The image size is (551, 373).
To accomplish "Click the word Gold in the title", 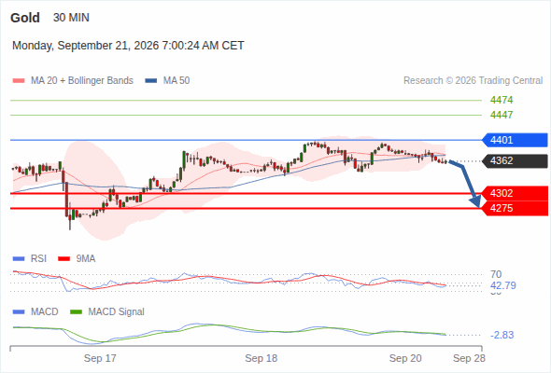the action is pyautogui.click(x=25, y=18).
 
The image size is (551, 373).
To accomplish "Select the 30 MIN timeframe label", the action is pyautogui.click(x=71, y=18).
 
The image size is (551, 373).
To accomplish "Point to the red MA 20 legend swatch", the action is pyautogui.click(x=19, y=81).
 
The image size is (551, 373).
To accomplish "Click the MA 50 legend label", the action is pyautogui.click(x=177, y=81).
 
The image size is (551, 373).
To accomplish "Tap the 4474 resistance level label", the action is pyautogui.click(x=502, y=100).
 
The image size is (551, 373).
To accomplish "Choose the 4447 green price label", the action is pyautogui.click(x=502, y=115).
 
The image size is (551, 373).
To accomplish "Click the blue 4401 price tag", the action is pyautogui.click(x=516, y=140).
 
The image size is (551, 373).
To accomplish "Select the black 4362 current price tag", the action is pyautogui.click(x=516, y=161).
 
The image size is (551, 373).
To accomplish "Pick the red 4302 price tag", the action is pyautogui.click(x=516, y=193).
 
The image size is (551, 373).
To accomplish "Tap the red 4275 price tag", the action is pyautogui.click(x=516, y=209).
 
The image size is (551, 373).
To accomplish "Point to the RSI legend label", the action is pyautogui.click(x=38, y=259).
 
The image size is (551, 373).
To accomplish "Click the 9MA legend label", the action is pyautogui.click(x=86, y=259).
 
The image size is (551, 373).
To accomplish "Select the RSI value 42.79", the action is pyautogui.click(x=503, y=285).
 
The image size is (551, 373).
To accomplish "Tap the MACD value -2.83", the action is pyautogui.click(x=502, y=335).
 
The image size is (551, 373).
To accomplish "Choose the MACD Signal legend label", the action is pyautogui.click(x=117, y=312).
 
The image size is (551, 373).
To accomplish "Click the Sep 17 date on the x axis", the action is pyautogui.click(x=100, y=358).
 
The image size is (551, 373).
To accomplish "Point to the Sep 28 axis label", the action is pyautogui.click(x=469, y=358).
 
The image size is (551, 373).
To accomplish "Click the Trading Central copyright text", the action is pyautogui.click(x=473, y=81).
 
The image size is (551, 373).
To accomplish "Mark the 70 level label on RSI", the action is pyautogui.click(x=496, y=274).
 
